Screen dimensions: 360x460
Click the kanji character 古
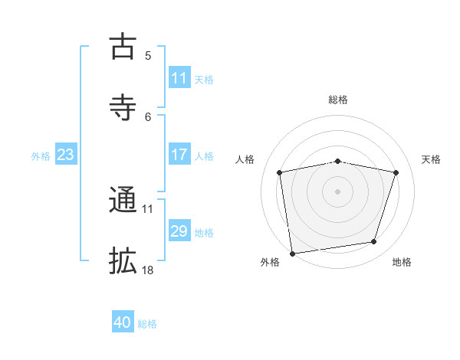point(123,47)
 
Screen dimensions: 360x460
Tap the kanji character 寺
point(123,107)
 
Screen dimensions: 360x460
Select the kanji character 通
point(123,201)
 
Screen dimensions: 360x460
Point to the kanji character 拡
point(123,261)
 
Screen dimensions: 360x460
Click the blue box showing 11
point(179,78)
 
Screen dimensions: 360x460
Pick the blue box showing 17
point(179,155)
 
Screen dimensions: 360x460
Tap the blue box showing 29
point(179,231)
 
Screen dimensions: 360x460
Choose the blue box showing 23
point(66,155)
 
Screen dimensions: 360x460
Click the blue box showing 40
point(123,322)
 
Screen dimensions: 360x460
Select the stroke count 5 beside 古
point(148,55)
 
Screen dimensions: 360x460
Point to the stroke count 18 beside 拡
point(148,270)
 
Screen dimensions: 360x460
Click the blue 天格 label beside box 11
point(204,79)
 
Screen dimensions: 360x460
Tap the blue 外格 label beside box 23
point(41,155)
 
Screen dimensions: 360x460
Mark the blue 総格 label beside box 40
point(147,323)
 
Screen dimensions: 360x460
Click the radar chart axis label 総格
point(338,100)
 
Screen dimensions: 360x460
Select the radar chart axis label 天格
point(431,159)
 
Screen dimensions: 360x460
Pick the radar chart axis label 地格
point(402,262)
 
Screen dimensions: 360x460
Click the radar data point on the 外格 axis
point(292,253)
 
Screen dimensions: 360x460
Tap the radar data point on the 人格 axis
point(280,172)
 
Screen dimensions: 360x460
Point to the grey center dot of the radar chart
point(338,191)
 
